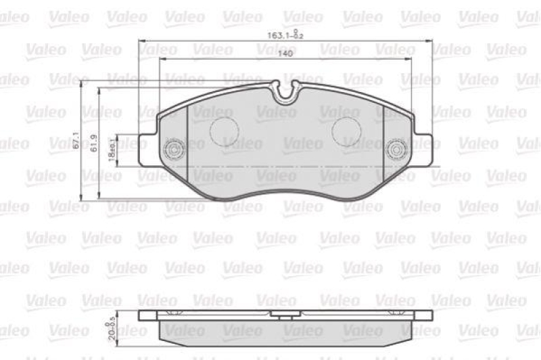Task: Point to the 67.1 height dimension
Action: (76, 141)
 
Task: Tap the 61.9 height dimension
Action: (94, 143)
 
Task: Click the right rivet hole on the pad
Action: (394, 148)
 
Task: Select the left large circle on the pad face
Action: (223, 131)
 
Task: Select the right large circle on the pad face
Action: (346, 131)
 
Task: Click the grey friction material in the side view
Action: (284, 330)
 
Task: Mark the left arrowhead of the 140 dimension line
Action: (162, 60)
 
